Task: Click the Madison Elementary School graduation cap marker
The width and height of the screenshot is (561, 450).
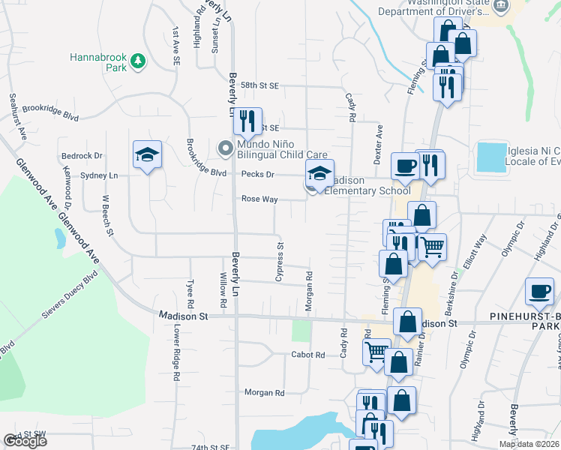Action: [319, 174]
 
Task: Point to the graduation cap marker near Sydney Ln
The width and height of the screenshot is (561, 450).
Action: [148, 155]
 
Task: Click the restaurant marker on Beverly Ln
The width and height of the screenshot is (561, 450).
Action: [247, 120]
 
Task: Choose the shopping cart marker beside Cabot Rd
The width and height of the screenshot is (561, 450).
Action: [376, 350]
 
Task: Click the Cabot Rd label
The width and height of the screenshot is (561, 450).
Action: [307, 355]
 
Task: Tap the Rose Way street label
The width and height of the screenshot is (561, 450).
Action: [259, 199]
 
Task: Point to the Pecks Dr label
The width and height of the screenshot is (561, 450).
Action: [259, 175]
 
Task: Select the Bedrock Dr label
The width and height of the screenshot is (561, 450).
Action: [81, 156]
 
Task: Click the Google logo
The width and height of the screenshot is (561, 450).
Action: [25, 441]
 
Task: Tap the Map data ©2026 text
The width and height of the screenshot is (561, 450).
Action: [528, 444]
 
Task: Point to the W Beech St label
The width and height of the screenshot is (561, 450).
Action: [108, 215]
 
